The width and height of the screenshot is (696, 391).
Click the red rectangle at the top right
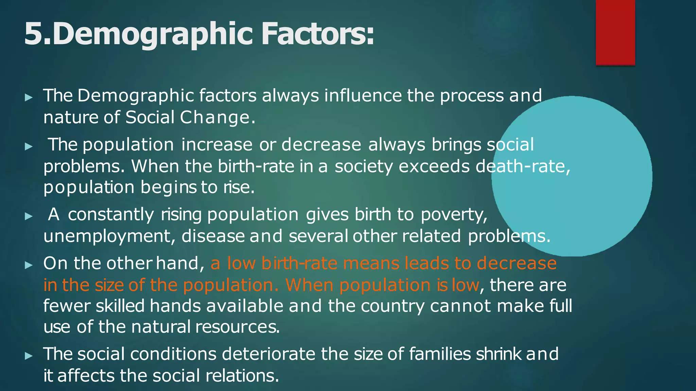(615, 32)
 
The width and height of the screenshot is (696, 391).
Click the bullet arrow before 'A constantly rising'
(29, 216)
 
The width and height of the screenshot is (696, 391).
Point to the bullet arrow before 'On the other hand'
(29, 265)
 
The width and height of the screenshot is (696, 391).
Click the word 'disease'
(213, 236)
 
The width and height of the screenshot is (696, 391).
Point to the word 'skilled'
(120, 306)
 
